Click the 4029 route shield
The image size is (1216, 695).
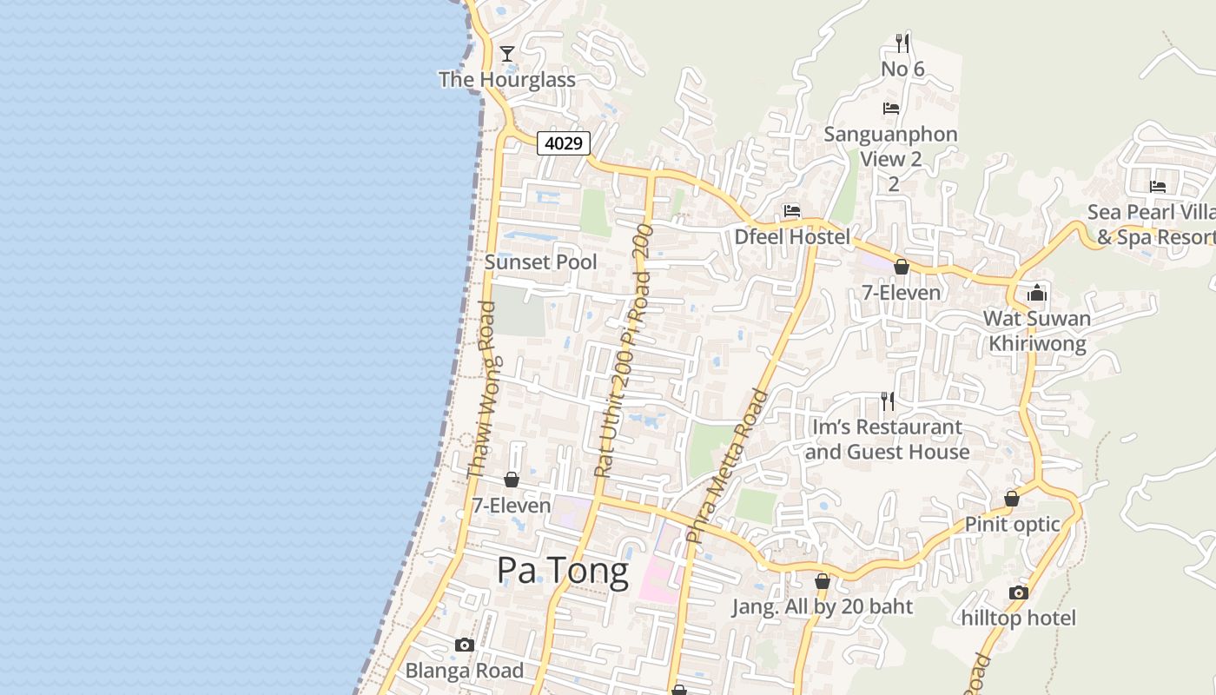(x=564, y=142)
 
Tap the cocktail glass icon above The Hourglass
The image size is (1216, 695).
(x=507, y=54)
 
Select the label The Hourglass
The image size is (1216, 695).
(x=507, y=80)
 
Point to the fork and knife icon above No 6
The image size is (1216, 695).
(x=902, y=42)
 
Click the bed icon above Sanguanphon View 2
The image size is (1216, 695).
(x=890, y=109)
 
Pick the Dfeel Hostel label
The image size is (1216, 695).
(x=792, y=236)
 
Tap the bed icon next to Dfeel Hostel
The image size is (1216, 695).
(x=791, y=210)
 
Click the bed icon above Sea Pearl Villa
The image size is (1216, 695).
(x=1157, y=186)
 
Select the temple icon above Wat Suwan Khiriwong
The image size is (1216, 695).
(x=1037, y=293)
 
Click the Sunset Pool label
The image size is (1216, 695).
(x=540, y=261)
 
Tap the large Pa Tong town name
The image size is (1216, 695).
(x=563, y=572)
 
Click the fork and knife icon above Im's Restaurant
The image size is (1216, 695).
(x=887, y=400)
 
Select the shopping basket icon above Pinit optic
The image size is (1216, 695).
(x=1012, y=499)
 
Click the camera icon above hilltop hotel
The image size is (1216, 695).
(x=1019, y=592)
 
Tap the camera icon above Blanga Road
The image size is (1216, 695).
(x=465, y=645)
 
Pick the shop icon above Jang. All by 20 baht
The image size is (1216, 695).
(x=822, y=581)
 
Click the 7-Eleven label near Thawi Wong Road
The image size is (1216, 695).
(x=512, y=505)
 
